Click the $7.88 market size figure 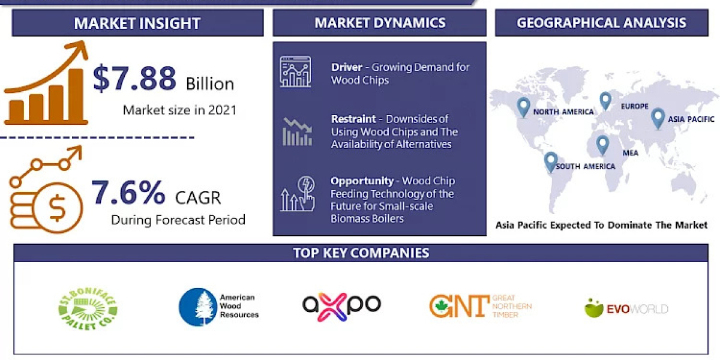point(134,79)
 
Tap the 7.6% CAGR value point(128,193)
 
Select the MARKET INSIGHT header point(137,23)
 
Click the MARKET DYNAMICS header point(380,23)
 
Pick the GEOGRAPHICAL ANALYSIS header point(601,23)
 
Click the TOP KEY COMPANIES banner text point(361,253)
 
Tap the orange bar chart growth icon point(47,84)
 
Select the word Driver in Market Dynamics point(346,67)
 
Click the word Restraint point(353,119)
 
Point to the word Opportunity point(362,181)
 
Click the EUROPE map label point(635,106)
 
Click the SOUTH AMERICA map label point(585,166)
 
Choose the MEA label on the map point(630,153)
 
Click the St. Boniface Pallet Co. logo point(88,308)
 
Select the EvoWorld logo point(626,308)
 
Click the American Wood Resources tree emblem point(197,307)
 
